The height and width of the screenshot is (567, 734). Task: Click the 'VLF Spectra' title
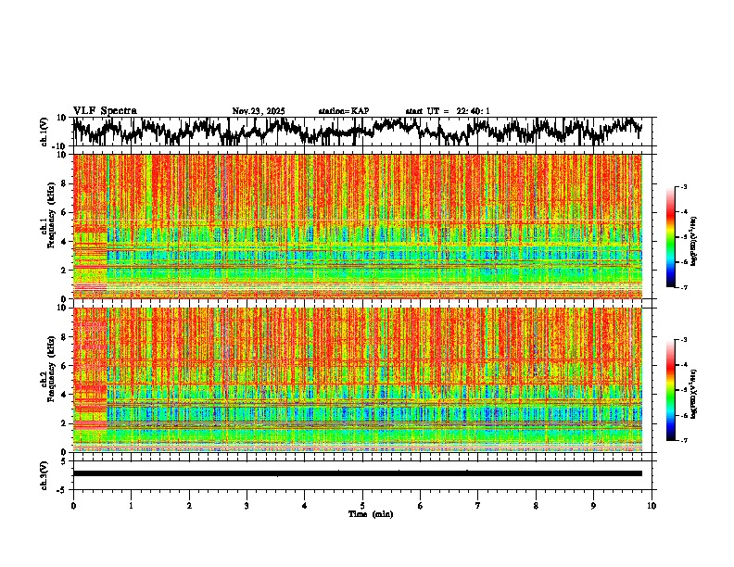[x=105, y=111]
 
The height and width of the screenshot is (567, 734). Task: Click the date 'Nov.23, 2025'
[x=259, y=111]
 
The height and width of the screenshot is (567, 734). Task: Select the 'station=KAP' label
[x=343, y=111]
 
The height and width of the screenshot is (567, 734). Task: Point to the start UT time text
[x=448, y=111]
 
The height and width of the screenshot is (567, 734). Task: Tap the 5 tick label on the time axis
[x=362, y=505]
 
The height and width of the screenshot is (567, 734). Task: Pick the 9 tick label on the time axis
[x=594, y=505]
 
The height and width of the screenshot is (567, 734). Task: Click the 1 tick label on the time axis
[x=131, y=505]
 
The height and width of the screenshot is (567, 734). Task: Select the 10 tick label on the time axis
[x=652, y=505]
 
